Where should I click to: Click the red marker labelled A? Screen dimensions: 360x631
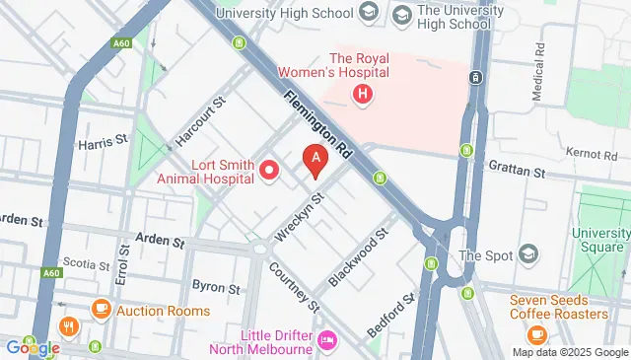pos(315,159)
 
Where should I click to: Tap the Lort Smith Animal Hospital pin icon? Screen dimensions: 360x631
pos(269,173)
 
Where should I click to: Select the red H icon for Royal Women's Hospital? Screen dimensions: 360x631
pos(363,95)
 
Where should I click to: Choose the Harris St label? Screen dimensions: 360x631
pos(105,141)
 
